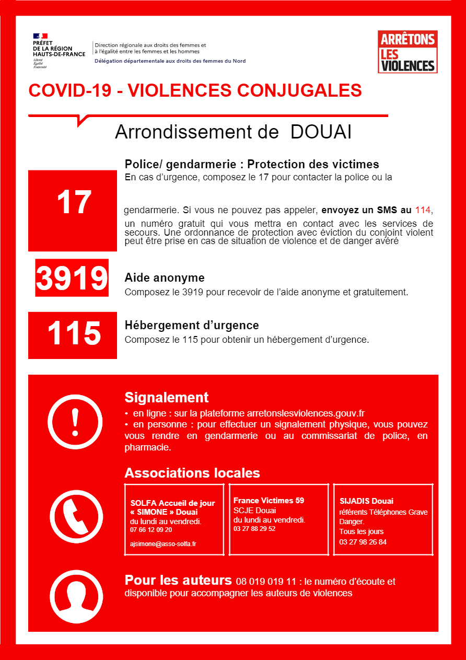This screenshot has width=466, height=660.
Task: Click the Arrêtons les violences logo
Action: (x=407, y=52)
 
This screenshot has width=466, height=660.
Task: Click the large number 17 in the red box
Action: (x=73, y=203)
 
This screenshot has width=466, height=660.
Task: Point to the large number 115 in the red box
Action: (x=74, y=333)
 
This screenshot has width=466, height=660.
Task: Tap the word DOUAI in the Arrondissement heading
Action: (x=321, y=132)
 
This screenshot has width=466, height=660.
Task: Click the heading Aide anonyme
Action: (x=165, y=277)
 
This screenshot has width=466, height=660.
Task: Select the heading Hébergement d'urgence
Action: (x=192, y=325)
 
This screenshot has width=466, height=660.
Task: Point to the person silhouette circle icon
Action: (x=76, y=597)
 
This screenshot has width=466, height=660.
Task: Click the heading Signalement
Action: (x=166, y=397)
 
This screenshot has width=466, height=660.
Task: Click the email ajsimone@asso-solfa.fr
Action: (x=163, y=543)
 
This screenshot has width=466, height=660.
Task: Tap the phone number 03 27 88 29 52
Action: (x=254, y=529)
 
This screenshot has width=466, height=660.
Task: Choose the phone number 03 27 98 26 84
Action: (x=363, y=542)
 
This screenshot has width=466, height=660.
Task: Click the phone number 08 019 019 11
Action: (x=266, y=582)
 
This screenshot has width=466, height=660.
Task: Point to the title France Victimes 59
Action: (x=269, y=500)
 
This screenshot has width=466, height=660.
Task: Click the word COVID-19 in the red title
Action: (x=69, y=90)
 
